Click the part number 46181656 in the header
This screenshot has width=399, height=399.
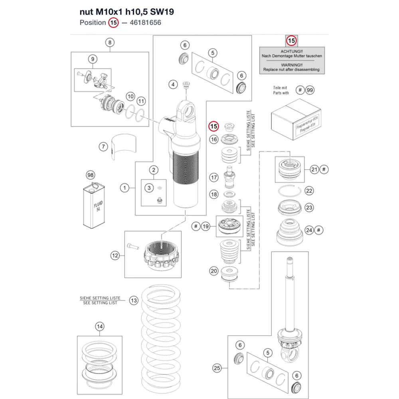pyautogui.click(x=145, y=23)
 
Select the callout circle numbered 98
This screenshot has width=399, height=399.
pyautogui.click(x=91, y=175)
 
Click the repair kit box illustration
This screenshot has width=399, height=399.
pyautogui.click(x=296, y=119)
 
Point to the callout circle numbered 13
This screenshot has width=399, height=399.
pyautogui.click(x=134, y=300)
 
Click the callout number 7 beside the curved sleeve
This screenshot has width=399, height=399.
pyautogui.click(x=103, y=146)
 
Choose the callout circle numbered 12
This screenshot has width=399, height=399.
pyautogui.click(x=115, y=255)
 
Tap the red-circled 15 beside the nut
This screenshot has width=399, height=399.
pyautogui.click(x=214, y=126)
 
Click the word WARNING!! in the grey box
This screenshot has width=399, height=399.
pyautogui.click(x=292, y=65)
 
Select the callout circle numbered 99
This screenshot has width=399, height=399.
pyautogui.click(x=310, y=90)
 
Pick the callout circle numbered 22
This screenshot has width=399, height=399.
pyautogui.click(x=309, y=191)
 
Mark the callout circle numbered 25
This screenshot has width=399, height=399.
pyautogui.click(x=217, y=368)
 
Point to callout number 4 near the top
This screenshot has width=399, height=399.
pyautogui.click(x=173, y=85)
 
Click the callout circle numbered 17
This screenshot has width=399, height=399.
pyautogui.click(x=214, y=178)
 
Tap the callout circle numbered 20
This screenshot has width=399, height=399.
pyautogui.click(x=214, y=271)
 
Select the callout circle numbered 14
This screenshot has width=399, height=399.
pyautogui.click(x=100, y=326)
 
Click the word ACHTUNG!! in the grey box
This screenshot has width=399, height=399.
pyautogui.click(x=292, y=51)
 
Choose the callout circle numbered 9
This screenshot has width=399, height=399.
pyautogui.click(x=93, y=59)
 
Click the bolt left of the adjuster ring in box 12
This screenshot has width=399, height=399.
pyautogui.click(x=133, y=246)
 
